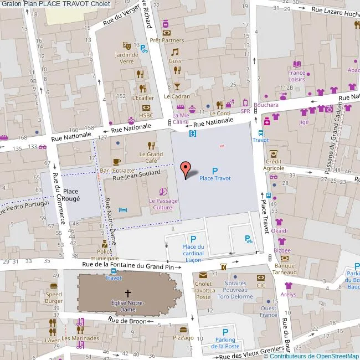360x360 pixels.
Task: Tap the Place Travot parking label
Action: pyautogui.click(x=215, y=178)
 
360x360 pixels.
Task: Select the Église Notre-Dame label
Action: pyautogui.click(x=128, y=306)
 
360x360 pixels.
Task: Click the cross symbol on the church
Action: pyautogui.click(x=128, y=294)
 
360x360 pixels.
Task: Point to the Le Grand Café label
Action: pyautogui.click(x=151, y=157)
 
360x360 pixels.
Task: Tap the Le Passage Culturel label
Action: pyautogui.click(x=163, y=203)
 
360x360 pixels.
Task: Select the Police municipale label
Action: pyautogui.click(x=104, y=255)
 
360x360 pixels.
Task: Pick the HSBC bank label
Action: pyautogui.click(x=146, y=115)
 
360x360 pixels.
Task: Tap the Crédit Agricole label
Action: pyautogui.click(x=274, y=164)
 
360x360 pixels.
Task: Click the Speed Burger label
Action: pyautogui.click(x=54, y=297)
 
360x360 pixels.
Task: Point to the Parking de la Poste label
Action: pyautogui.click(x=224, y=343)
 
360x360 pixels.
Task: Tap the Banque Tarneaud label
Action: pyautogui.click(x=284, y=269)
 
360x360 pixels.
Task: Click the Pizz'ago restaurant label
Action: pyautogui.click(x=183, y=337)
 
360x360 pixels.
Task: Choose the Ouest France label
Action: pyautogui.click(x=269, y=311)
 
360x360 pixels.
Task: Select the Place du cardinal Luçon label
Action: pyautogui.click(x=193, y=250)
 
